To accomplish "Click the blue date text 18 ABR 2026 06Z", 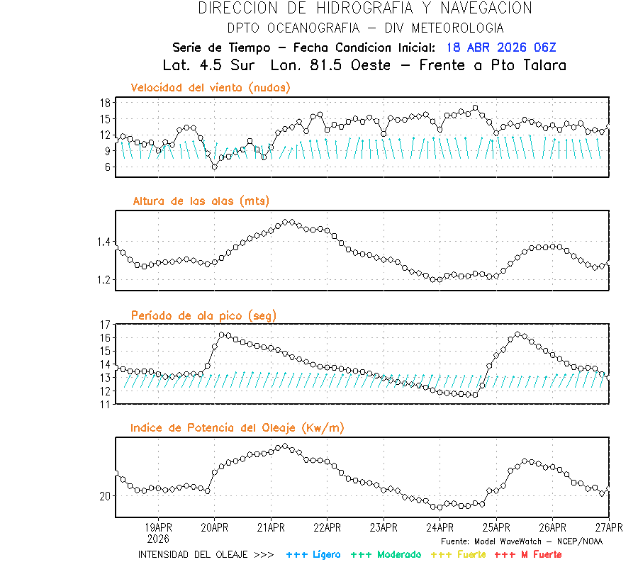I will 501,48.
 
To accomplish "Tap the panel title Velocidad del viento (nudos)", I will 211,88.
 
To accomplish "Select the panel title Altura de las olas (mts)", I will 201,201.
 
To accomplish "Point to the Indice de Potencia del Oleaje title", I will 237,427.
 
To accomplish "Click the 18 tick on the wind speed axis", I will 104,103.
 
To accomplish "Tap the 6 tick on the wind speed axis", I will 107,167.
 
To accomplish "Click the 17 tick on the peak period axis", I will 104,325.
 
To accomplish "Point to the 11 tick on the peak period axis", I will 104,404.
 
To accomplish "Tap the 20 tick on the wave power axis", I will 104,496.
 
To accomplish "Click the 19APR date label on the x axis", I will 158,528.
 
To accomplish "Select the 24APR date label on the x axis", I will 440,528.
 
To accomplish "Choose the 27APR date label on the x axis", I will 608,528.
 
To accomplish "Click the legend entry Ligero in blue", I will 313,554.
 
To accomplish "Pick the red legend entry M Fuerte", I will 528,554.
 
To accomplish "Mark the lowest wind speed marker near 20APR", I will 215,167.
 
